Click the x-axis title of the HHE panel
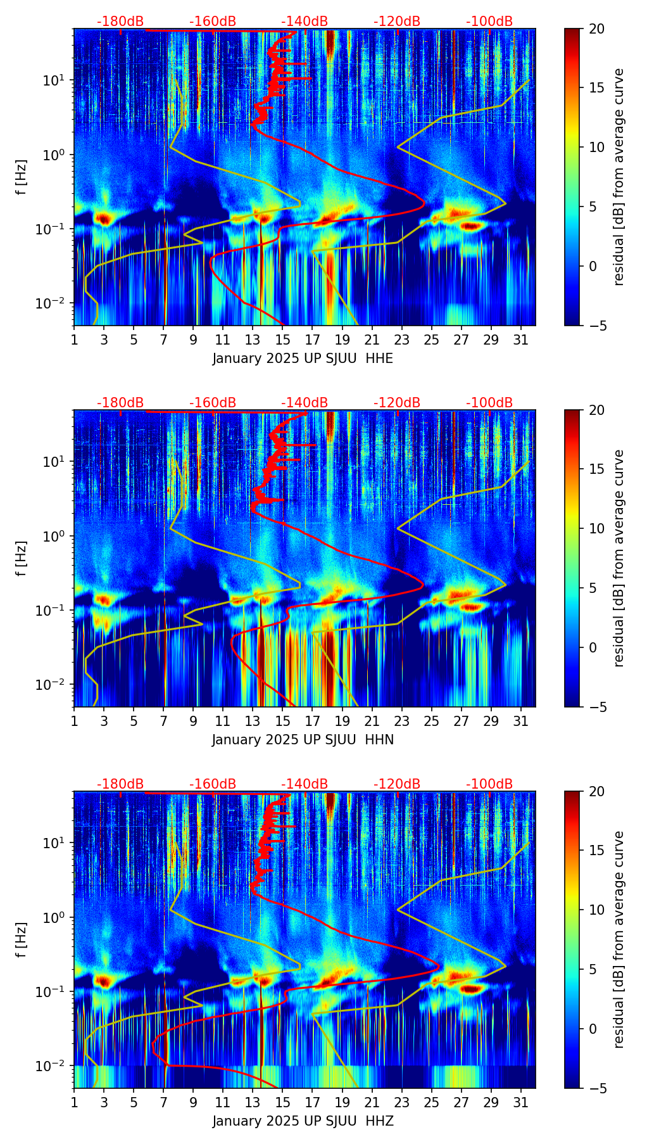(303, 359)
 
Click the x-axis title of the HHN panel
(303, 740)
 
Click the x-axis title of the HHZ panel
(303, 1121)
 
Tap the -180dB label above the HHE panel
(120, 22)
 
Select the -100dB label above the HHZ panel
(489, 784)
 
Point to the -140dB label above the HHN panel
(305, 403)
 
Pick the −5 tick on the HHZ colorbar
(596, 1088)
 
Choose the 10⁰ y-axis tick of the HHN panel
(58, 536)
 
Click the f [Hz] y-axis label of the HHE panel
(22, 177)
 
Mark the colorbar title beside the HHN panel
(619, 558)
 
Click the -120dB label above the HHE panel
(397, 22)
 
